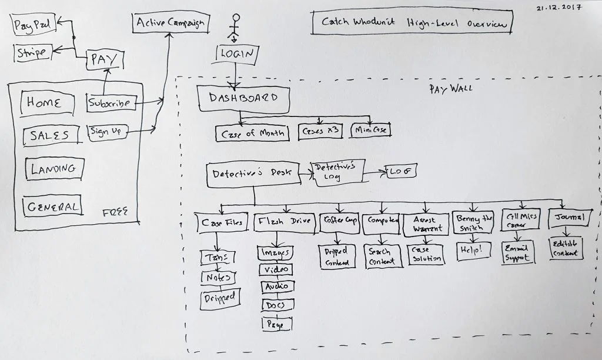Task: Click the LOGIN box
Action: pyautogui.click(x=236, y=54)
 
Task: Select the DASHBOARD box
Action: pyautogui.click(x=243, y=99)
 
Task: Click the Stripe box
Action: pyautogui.click(x=32, y=52)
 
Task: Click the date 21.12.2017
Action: pyautogui.click(x=558, y=8)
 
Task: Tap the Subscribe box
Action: pyautogui.click(x=111, y=103)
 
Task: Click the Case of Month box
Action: pyautogui.click(x=252, y=134)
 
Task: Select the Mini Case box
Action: pyautogui.click(x=370, y=129)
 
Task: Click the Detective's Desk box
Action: pyautogui.click(x=252, y=174)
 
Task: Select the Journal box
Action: pyautogui.click(x=567, y=218)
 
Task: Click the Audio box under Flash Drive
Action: pyautogui.click(x=277, y=286)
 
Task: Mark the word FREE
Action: pyautogui.click(x=115, y=212)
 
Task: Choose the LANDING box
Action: pyautogui.click(x=54, y=169)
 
